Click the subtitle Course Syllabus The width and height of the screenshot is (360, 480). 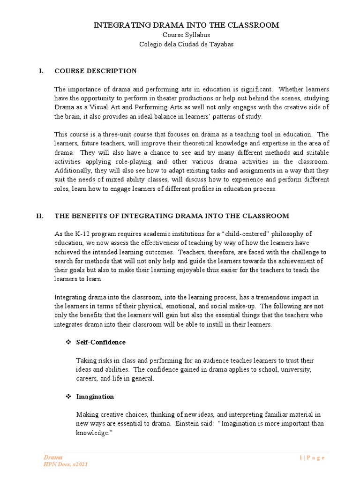point(186,35)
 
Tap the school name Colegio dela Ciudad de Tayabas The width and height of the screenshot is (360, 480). point(186,44)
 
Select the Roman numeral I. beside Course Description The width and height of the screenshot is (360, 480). point(41,71)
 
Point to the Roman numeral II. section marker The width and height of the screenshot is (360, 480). point(40,216)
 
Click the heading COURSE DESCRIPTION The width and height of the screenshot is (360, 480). point(96,71)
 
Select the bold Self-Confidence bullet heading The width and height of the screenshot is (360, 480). point(101,342)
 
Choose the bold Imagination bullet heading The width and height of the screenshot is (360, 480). point(95,397)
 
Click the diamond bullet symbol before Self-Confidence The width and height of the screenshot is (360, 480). point(67,342)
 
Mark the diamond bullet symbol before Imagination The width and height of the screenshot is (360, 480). point(67,397)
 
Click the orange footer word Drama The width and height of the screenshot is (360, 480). point(52,457)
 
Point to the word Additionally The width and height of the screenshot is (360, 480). point(73,171)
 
